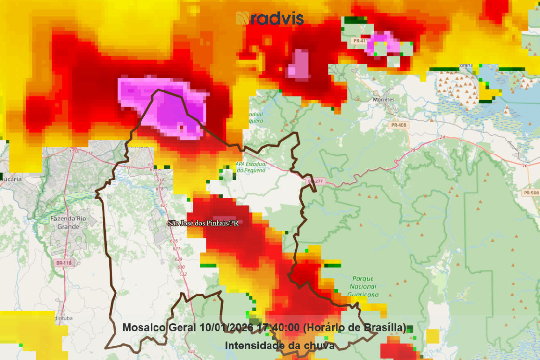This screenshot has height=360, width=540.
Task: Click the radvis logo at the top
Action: click(270, 18)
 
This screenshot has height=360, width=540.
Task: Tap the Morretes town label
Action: click(384, 100)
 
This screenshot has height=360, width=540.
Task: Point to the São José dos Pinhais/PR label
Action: click(203, 223)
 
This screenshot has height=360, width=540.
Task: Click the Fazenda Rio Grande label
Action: click(68, 222)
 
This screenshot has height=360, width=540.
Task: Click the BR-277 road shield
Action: click(316, 181)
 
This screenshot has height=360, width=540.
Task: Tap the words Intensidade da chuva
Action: click(279, 346)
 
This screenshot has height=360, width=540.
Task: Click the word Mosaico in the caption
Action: click(144, 328)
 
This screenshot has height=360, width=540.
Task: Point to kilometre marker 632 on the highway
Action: click(183, 274)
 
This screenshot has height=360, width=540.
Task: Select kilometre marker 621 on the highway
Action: click(165, 206)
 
